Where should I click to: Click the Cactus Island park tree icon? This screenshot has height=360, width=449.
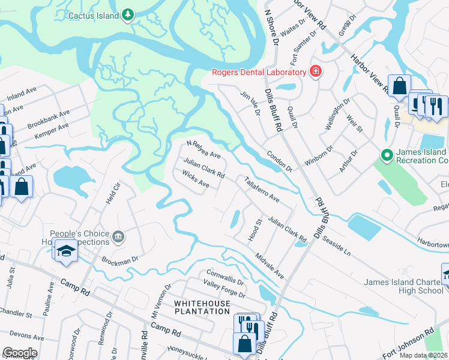tap(127, 15)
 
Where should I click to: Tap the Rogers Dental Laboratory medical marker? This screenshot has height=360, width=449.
tap(316, 73)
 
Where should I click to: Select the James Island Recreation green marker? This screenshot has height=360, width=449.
tap(387, 156)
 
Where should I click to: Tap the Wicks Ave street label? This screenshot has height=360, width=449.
tap(196, 179)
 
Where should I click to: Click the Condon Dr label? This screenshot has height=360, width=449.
tap(279, 161)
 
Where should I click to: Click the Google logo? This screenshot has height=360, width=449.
tap(20, 353)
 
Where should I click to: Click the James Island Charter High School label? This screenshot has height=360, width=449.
tap(404, 286)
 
